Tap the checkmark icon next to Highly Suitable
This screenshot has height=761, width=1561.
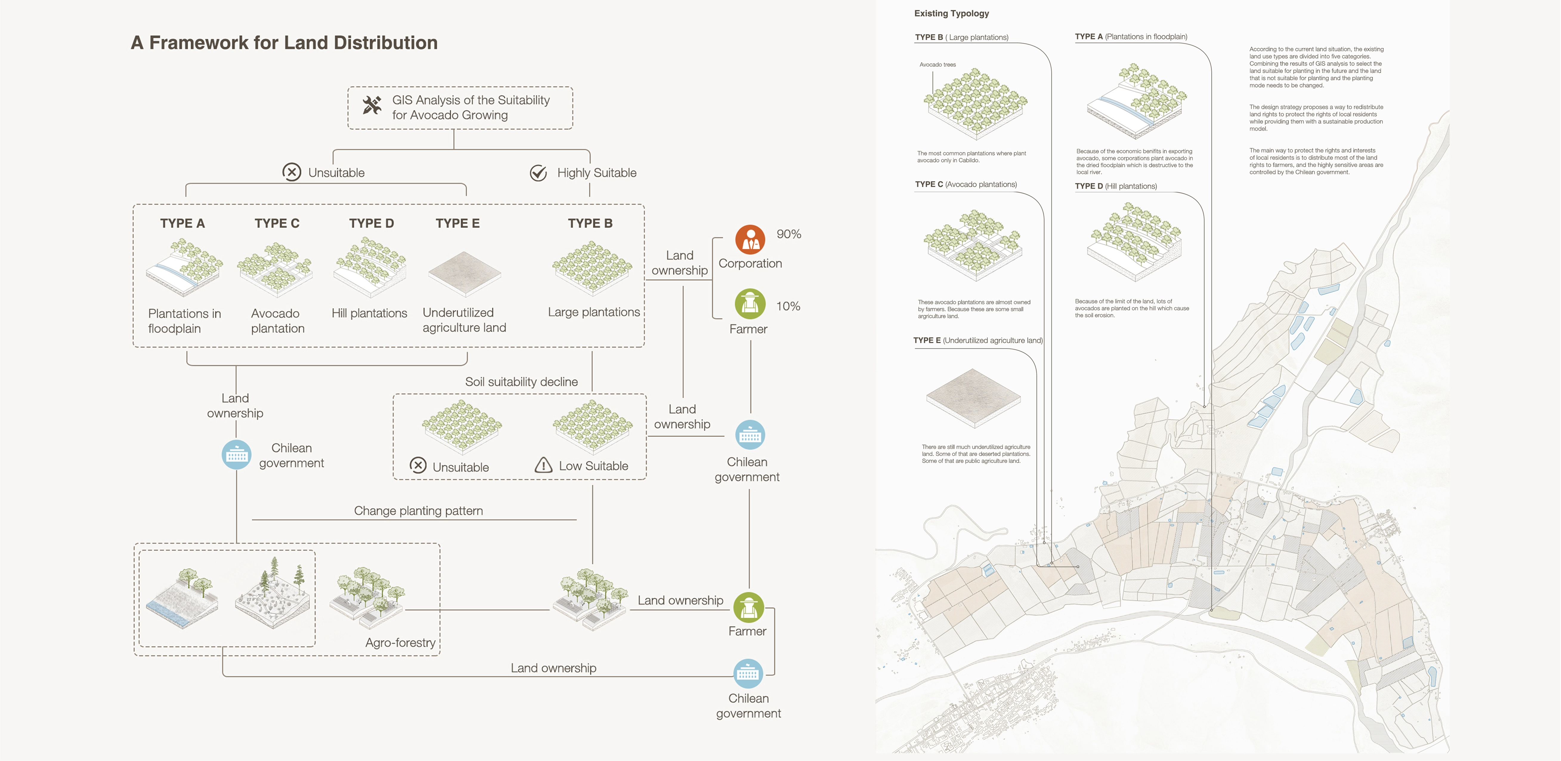coord(538,173)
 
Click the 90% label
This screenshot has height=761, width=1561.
coord(788,234)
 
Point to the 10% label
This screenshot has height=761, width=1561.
coord(788,306)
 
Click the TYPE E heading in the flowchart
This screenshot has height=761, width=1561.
coord(457,223)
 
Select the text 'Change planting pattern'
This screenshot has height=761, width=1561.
coord(418,511)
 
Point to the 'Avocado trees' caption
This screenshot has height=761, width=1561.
coord(937,64)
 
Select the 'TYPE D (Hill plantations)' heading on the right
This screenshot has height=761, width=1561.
coord(1116,186)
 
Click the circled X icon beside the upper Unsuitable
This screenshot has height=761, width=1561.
coord(291,172)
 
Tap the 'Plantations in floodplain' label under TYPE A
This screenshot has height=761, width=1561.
coord(184,321)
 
